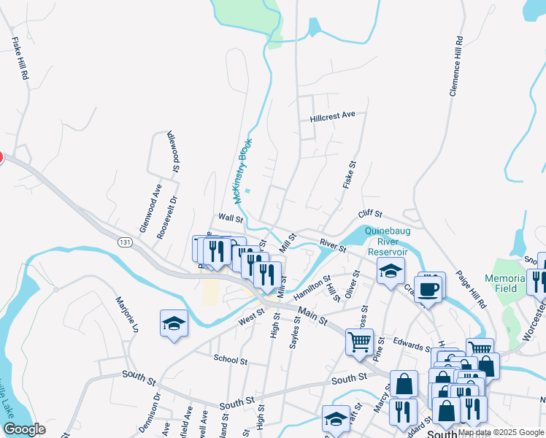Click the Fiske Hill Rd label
tap(19, 58)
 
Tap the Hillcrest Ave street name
tap(332, 115)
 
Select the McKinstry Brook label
tap(242, 172)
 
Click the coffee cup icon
tap(428, 287)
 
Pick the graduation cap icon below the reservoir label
tap(391, 271)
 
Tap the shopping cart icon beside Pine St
tap(359, 342)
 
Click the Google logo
tap(24, 430)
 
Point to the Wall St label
tap(230, 218)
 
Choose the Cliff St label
tap(370, 214)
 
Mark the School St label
tap(231, 359)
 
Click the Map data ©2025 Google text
tap(501, 432)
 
